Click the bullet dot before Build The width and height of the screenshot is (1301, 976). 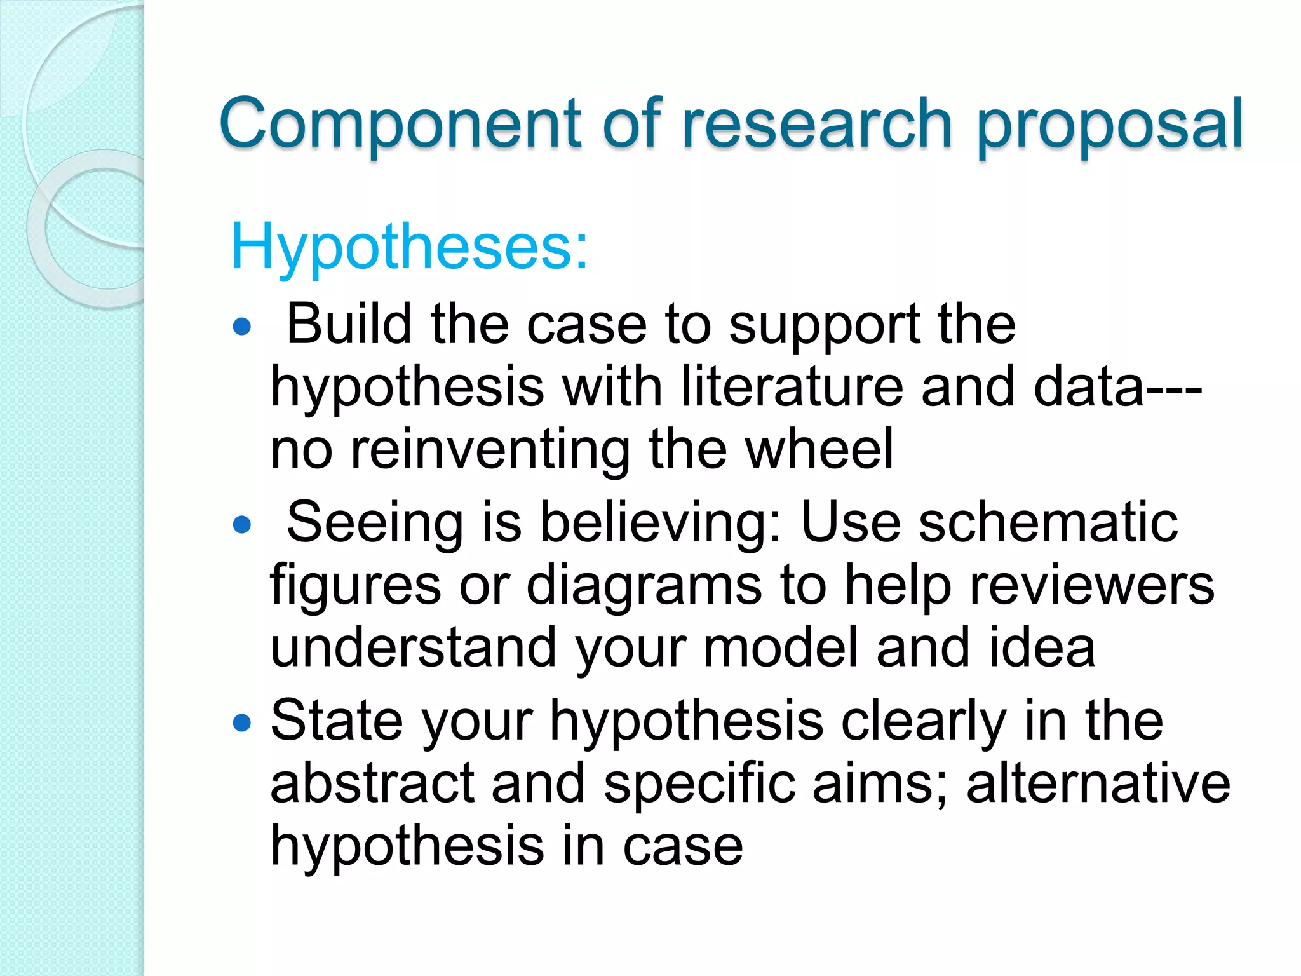(x=242, y=327)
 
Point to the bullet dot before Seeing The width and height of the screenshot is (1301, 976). (x=242, y=525)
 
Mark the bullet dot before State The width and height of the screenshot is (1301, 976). (x=242, y=722)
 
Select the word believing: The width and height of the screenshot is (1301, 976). (x=661, y=524)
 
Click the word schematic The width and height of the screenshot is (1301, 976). (x=1048, y=522)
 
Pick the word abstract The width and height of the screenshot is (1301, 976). (x=372, y=783)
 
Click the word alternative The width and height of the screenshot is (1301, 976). (x=1098, y=783)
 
